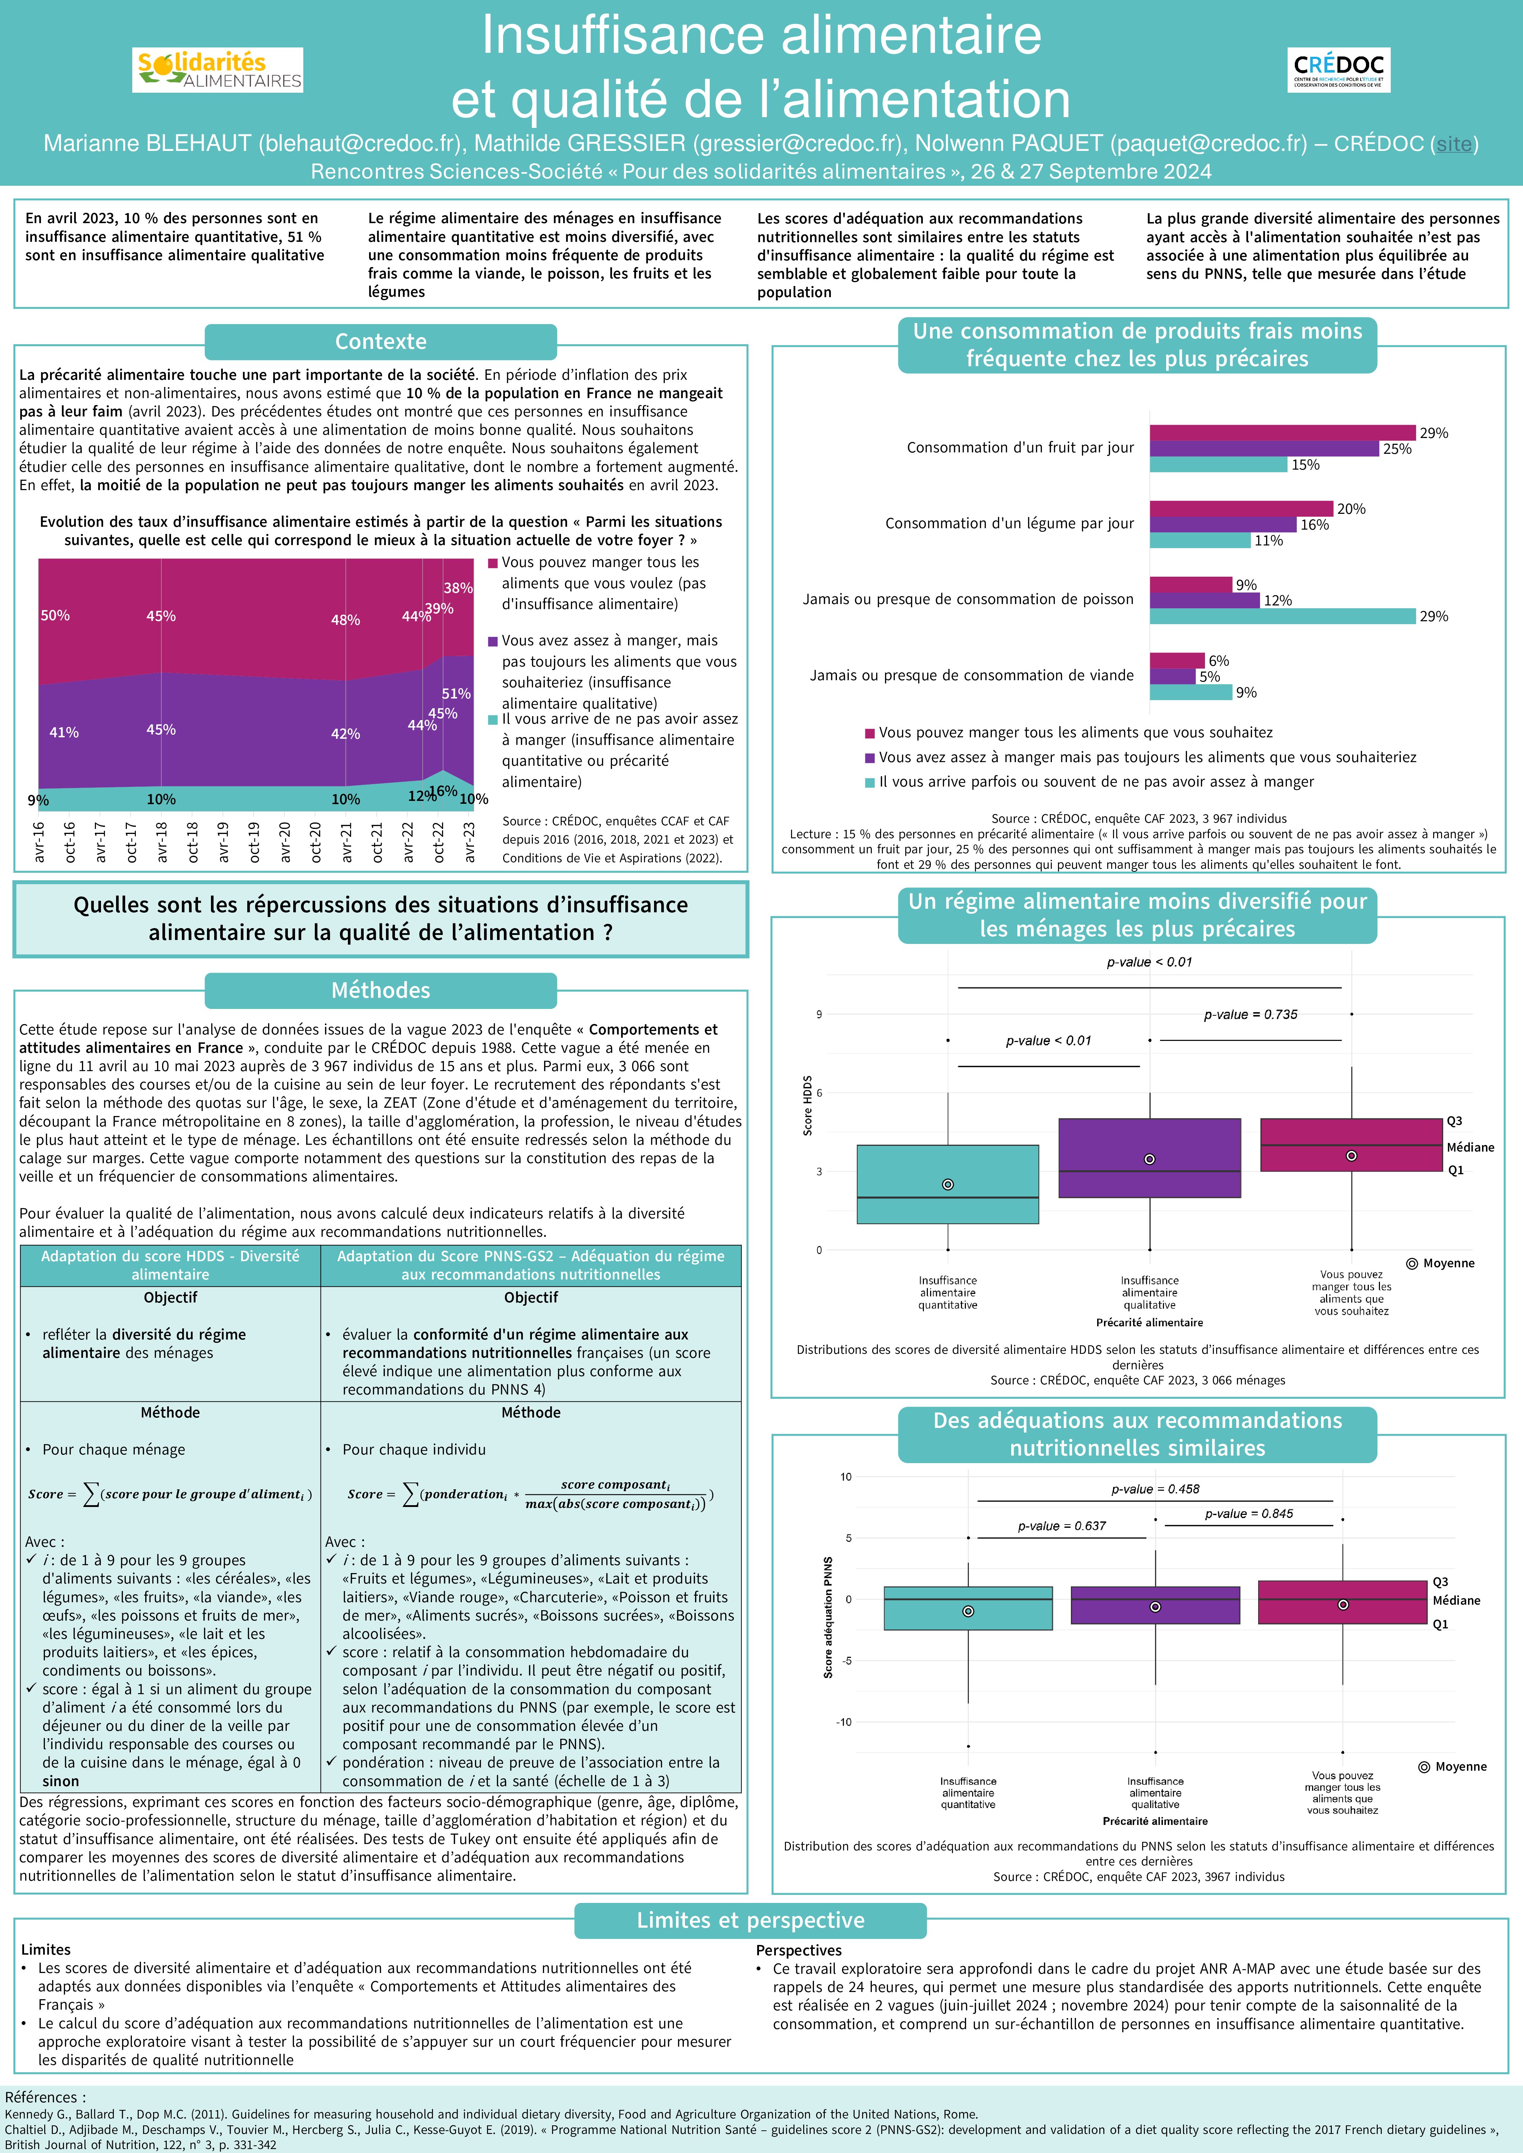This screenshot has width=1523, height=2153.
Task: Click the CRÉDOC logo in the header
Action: [1338, 69]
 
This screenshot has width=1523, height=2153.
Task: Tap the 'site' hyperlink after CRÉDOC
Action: [1454, 143]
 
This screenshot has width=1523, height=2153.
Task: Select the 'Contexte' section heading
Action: [381, 341]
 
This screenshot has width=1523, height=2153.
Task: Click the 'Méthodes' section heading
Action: [381, 990]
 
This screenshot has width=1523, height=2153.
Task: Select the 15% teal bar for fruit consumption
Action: [1218, 465]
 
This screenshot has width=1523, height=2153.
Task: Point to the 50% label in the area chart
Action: [55, 615]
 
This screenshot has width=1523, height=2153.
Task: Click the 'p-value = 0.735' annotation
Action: [1251, 1015]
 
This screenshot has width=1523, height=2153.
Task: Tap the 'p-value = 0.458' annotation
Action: [1155, 1489]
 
